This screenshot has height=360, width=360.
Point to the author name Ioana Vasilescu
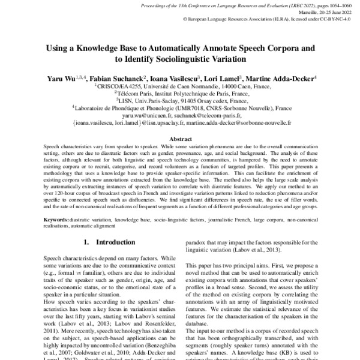tap(178, 79)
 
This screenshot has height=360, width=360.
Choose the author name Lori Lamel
tap(225, 79)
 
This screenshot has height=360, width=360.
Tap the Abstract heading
tap(180, 138)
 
